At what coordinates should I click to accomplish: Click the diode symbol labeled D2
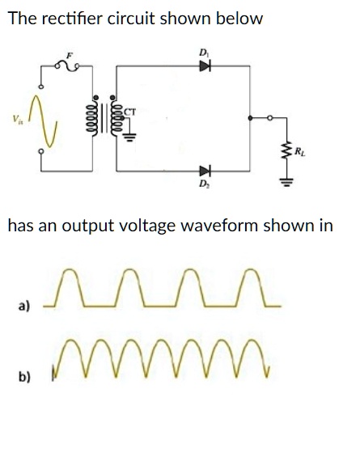[205, 171]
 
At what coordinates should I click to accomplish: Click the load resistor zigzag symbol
[285, 150]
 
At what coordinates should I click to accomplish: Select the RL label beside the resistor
[300, 150]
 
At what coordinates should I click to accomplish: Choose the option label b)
[25, 376]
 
